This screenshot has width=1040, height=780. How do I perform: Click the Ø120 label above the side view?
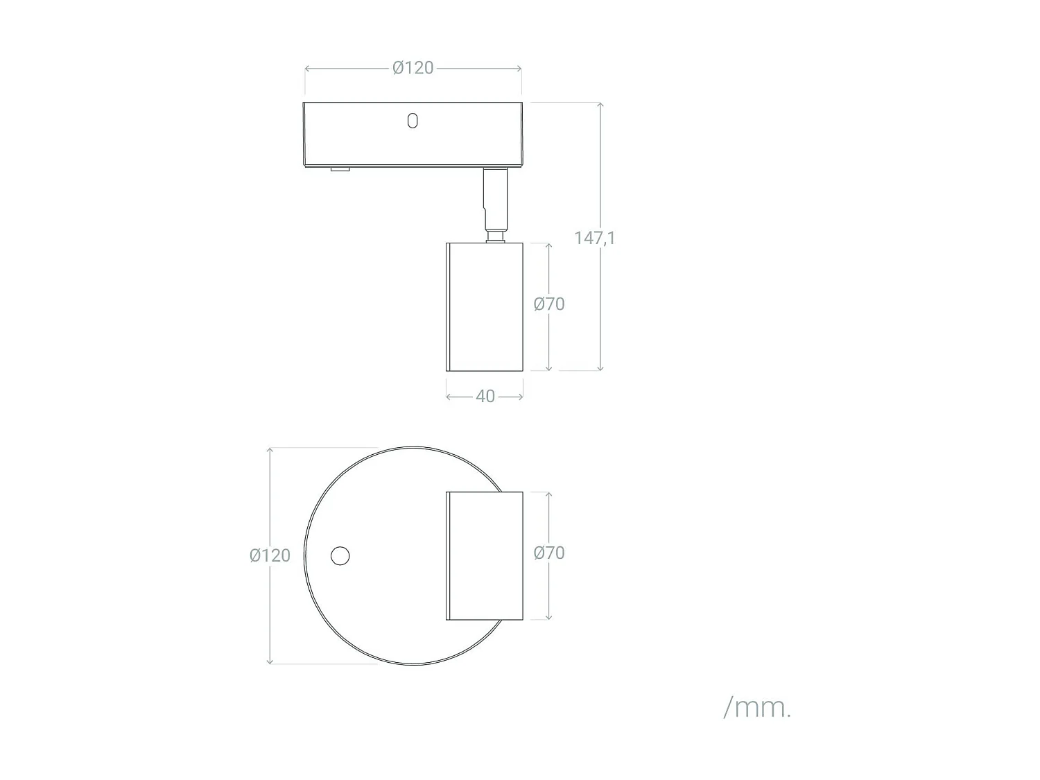click(x=413, y=68)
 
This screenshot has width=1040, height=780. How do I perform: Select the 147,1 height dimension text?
click(x=594, y=238)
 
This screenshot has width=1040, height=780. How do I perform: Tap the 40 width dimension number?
click(x=485, y=396)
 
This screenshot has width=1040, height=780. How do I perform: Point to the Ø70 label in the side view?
click(x=548, y=304)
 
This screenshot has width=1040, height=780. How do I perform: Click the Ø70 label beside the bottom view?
click(x=548, y=553)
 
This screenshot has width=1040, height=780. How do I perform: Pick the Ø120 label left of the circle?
click(x=270, y=555)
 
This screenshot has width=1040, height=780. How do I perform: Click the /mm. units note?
click(x=756, y=707)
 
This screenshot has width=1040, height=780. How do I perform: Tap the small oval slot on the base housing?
click(x=413, y=121)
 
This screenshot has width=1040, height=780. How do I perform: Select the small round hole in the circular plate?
click(x=340, y=556)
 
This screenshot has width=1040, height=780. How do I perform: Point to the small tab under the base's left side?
click(x=340, y=169)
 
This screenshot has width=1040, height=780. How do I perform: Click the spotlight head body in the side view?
click(x=484, y=306)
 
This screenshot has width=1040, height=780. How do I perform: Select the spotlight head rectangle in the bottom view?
click(x=484, y=555)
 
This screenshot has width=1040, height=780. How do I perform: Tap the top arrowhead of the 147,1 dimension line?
click(x=600, y=105)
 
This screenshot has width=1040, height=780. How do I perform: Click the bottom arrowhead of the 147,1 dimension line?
click(x=600, y=368)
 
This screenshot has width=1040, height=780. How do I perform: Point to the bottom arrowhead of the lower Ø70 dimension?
click(x=548, y=616)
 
